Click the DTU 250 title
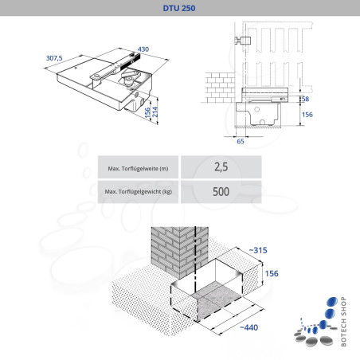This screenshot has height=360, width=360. (179, 8)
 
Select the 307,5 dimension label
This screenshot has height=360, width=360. (54, 58)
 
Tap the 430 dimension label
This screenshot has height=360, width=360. (143, 49)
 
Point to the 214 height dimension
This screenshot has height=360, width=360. (155, 112)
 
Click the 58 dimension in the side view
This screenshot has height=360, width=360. (305, 99)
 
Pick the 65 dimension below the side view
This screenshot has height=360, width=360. (241, 141)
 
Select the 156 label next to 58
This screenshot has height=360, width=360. (307, 115)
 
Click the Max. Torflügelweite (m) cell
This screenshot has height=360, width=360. (138, 167)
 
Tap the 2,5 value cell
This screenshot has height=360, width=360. (221, 167)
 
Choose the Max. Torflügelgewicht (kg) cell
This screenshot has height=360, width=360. (138, 192)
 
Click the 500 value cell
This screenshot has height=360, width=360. (221, 192)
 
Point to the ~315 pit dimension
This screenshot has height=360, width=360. (258, 250)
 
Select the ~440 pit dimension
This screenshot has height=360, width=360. (248, 327)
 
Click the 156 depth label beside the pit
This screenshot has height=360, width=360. (272, 273)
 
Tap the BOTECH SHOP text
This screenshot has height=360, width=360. (343, 322)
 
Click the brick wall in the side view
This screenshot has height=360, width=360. (220, 88)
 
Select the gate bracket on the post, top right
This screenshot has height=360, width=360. (243, 41)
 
